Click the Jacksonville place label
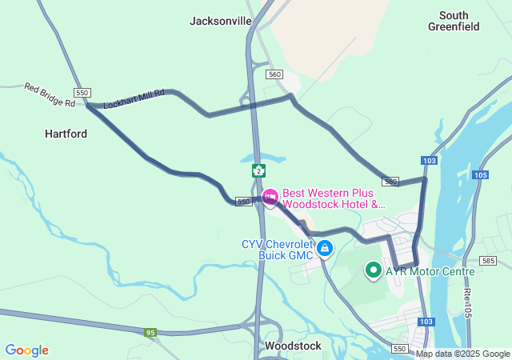point(221,21)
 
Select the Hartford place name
point(66,134)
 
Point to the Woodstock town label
point(293,346)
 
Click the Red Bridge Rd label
point(48,94)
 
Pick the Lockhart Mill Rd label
point(134,99)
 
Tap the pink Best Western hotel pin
point(270,195)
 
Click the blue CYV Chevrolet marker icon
point(324,249)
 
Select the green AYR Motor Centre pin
point(373,270)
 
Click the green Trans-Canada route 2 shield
point(258,170)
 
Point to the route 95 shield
point(150,332)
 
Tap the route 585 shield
point(487,261)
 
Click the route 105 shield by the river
point(480,175)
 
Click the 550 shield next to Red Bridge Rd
point(82,92)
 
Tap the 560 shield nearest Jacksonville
point(275,74)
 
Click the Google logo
point(26,350)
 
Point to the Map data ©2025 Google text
point(462,354)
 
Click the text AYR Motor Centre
point(430,271)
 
